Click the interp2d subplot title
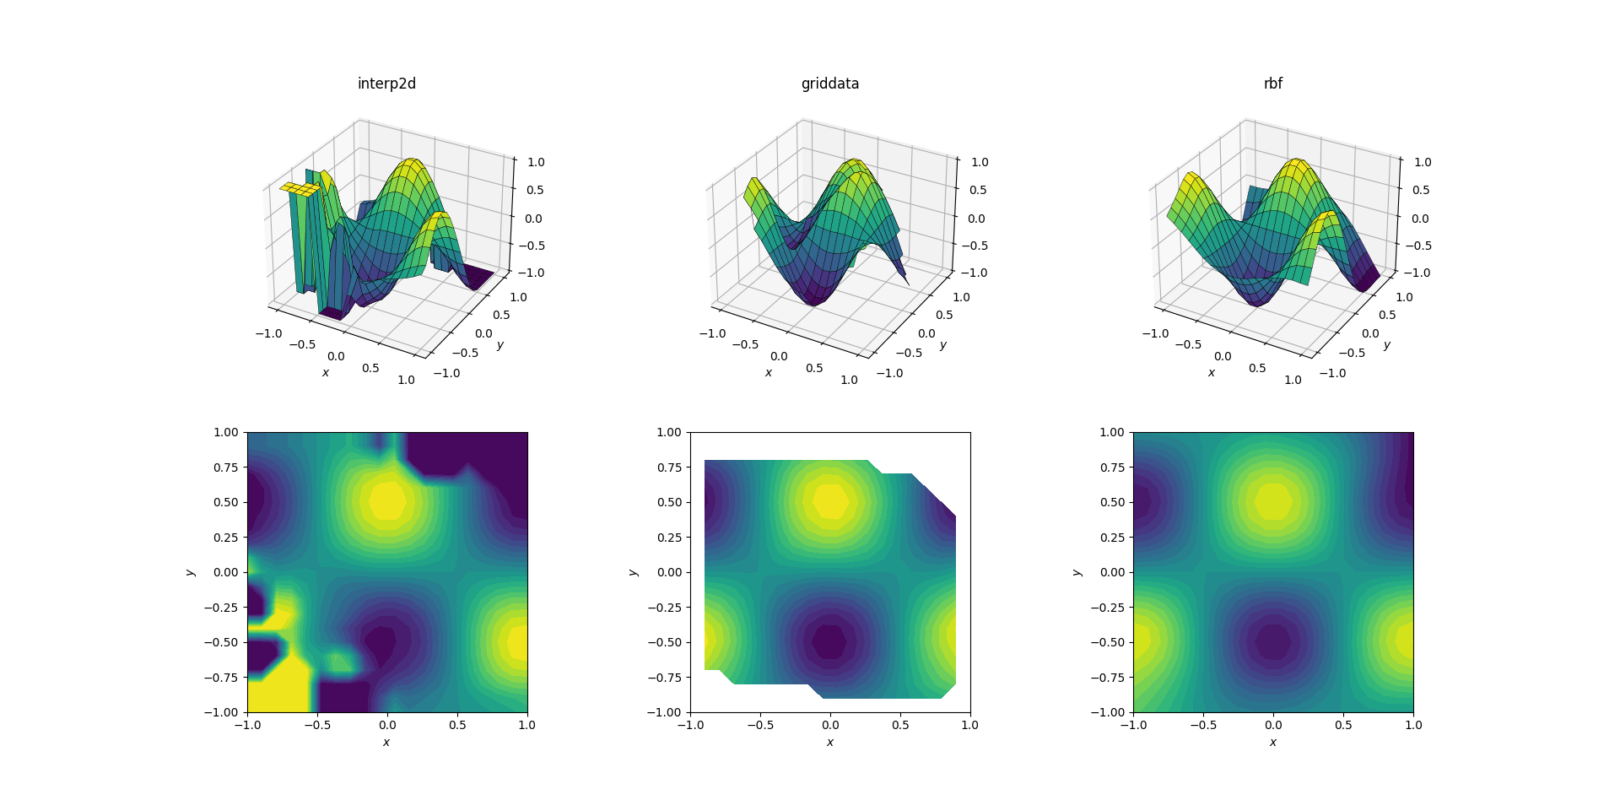(386, 84)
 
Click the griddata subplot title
(830, 84)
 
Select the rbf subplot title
(1272, 84)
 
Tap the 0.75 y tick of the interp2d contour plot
(225, 468)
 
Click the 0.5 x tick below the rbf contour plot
(1343, 725)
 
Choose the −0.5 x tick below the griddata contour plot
(760, 725)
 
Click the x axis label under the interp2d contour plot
(386, 743)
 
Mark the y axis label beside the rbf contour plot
(1077, 572)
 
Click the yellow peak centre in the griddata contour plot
(830, 501)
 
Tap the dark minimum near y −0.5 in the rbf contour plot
(1272, 641)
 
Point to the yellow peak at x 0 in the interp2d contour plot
(386, 500)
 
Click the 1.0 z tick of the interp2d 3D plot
(536, 162)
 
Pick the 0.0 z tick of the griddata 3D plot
(978, 219)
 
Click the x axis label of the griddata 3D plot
(769, 373)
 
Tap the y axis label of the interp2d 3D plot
(500, 345)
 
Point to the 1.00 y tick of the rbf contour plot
(1112, 432)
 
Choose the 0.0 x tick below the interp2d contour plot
(386, 725)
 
